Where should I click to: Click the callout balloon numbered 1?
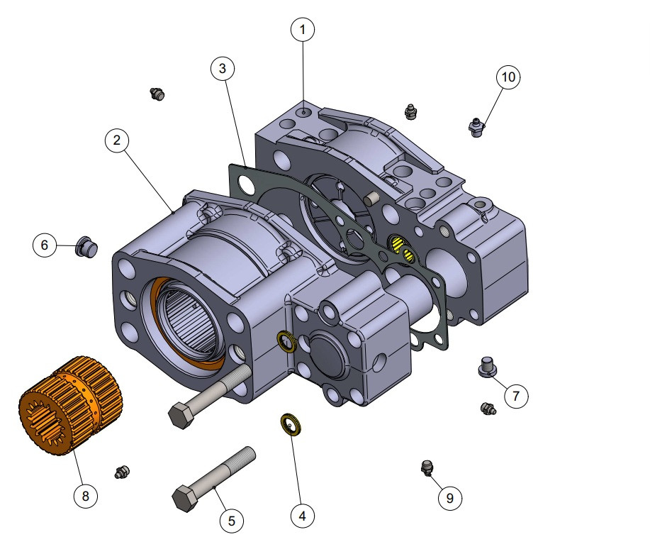(x=303, y=30)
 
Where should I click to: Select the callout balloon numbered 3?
(x=223, y=69)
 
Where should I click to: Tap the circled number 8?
(x=86, y=496)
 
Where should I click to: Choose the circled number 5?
(x=231, y=521)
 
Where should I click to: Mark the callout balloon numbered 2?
(x=117, y=140)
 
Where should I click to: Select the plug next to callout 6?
(x=86, y=248)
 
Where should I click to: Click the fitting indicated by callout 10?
(x=477, y=128)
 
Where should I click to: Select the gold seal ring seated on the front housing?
(x=286, y=340)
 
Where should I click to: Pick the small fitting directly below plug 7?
(x=487, y=409)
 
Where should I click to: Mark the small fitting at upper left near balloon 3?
(x=157, y=93)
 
